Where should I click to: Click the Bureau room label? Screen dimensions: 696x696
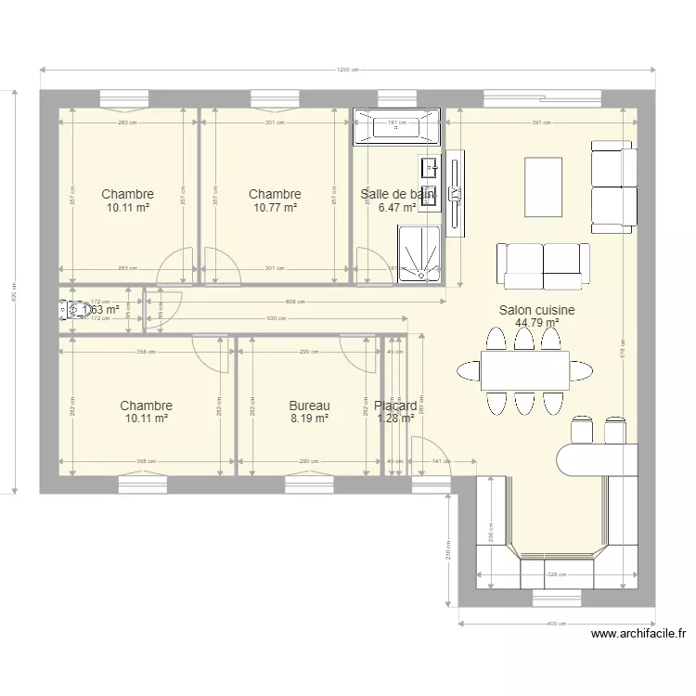[x=309, y=406]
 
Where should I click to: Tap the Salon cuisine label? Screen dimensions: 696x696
[x=536, y=311]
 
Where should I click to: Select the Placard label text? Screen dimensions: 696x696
[x=396, y=406]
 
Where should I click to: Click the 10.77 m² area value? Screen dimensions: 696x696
[x=275, y=208]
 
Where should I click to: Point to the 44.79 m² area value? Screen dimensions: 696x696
[x=536, y=324]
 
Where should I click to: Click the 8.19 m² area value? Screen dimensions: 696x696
[x=309, y=419]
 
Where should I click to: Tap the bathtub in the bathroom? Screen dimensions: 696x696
[x=397, y=126]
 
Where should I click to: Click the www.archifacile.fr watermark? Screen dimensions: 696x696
[x=638, y=635]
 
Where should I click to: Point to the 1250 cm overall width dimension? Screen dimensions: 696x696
[x=348, y=71]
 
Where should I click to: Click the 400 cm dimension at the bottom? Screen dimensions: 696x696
[x=556, y=624]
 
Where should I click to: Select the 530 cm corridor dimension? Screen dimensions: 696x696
[x=276, y=319]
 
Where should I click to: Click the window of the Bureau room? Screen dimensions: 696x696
[x=309, y=481]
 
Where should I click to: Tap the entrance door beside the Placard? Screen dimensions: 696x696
[x=427, y=457]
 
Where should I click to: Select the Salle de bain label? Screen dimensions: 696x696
[x=397, y=194]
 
